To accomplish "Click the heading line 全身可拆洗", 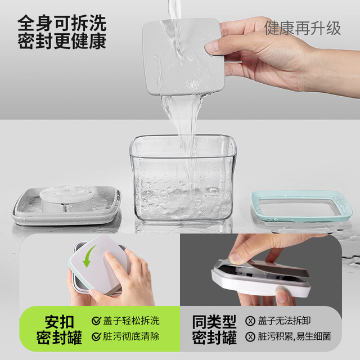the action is coord(62,23).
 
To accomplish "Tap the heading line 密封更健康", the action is coord(62,41).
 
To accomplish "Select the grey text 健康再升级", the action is coord(303,28).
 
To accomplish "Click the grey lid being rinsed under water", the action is coord(183,56).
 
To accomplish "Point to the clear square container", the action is coord(183,178).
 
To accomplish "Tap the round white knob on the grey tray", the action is coord(66,198).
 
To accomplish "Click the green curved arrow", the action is coord(89,256).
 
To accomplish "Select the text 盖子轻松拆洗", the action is coord(131,321).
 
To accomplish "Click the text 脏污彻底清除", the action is coord(131,336).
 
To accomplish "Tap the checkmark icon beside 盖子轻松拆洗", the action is coord(96,321).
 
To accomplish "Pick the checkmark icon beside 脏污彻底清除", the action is coord(96,336).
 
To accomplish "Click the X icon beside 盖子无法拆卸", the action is coord(250,321).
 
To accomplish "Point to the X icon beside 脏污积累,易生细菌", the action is coord(250,337).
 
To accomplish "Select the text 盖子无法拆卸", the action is coord(284,321).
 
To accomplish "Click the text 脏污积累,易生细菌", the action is coord(294,336).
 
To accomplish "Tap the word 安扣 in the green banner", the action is coord(59,322).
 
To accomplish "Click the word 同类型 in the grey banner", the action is coord(214,322).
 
